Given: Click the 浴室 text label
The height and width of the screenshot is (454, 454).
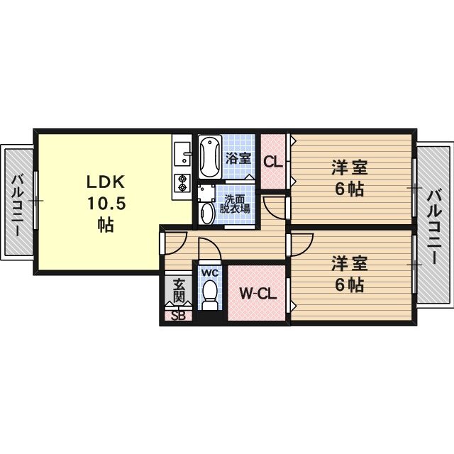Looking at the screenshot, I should point(238,158).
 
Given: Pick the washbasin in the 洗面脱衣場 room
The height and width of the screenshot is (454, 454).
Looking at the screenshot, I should point(207,213).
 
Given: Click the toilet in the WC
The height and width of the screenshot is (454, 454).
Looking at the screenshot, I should point(211,296).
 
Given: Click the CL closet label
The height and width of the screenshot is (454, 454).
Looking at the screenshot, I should point(273,162).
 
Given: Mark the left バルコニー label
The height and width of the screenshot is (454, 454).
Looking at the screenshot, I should point(17,202).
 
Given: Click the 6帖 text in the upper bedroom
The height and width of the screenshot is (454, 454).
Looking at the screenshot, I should point(349,190).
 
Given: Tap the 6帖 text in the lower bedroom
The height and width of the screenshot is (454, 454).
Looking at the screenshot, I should point(349,285).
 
